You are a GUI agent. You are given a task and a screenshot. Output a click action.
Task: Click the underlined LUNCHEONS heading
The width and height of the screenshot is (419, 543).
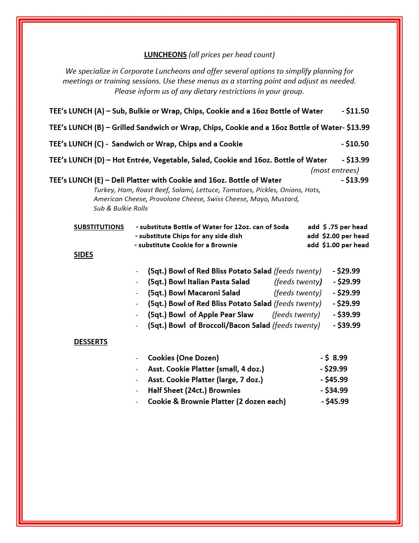(x=165, y=55)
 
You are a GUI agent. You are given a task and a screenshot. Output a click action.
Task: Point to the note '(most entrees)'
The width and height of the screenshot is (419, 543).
(x=335, y=170)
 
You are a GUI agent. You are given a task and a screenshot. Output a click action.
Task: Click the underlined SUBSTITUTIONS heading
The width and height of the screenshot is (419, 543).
(x=99, y=227)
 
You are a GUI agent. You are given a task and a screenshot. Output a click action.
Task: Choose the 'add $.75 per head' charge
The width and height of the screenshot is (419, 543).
(x=337, y=227)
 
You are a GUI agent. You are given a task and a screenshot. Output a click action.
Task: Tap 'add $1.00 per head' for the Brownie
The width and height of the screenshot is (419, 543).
(x=338, y=245)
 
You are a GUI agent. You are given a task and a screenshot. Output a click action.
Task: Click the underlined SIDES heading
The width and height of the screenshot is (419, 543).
(x=83, y=255)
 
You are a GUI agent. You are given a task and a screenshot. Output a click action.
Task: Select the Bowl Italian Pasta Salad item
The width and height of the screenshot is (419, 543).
(x=198, y=282)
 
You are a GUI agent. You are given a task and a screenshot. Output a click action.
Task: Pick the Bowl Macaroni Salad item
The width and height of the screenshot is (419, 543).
(x=194, y=293)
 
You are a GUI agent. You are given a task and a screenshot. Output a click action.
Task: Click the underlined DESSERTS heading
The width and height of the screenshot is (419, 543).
(x=91, y=342)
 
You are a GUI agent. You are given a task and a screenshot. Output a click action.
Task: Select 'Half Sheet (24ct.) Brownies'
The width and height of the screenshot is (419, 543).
(x=194, y=390)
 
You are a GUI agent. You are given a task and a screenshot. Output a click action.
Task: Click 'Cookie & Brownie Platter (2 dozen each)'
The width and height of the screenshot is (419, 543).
(x=216, y=401)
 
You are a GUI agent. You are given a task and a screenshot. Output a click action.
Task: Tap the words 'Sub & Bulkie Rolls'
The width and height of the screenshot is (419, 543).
(x=120, y=209)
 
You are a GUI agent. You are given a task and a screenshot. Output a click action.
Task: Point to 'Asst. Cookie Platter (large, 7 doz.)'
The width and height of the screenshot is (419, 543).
(x=205, y=380)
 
